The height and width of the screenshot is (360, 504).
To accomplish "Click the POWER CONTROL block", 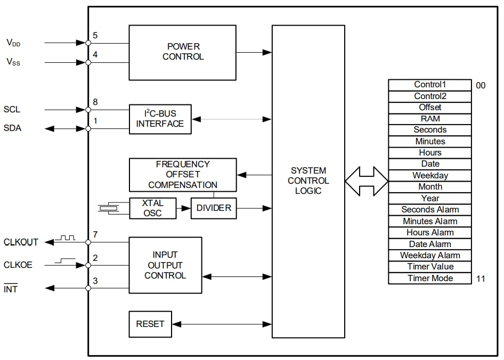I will coord(182,52).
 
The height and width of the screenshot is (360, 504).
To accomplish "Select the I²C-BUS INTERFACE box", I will coord(160,119).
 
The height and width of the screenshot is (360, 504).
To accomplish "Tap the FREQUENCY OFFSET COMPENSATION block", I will coord(182,175).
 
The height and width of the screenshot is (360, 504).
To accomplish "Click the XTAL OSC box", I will coord(152,208).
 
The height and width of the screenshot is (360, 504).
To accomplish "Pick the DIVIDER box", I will coord(214,208).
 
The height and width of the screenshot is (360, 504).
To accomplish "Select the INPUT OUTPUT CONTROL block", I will coord(165,265).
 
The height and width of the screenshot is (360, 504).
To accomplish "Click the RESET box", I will coord(150,324).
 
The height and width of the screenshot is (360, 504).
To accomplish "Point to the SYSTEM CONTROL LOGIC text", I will coord(308,181).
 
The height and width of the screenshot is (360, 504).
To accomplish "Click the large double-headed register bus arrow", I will coord(367,181).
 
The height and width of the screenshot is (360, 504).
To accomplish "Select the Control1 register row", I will coord(429,85).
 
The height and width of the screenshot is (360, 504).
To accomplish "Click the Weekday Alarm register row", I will coord(429,256).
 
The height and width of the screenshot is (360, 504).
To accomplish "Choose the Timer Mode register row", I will coord(429,279).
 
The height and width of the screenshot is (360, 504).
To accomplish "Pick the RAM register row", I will coord(429,119).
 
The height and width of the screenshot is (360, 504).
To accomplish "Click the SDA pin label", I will coord(12,128).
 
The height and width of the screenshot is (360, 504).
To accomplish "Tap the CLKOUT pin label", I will coord(21,242).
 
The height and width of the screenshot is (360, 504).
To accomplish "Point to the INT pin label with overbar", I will coord(11,289).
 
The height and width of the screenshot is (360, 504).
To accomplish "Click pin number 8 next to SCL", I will coord(95,102).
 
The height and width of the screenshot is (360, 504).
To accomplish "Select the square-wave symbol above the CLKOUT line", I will coord(68,238).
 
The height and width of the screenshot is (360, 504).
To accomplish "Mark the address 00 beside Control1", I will coord(481,85).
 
